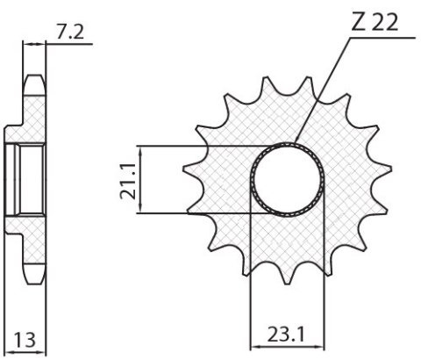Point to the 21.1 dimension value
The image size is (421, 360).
[127, 179]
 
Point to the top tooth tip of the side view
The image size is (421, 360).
[35, 79]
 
